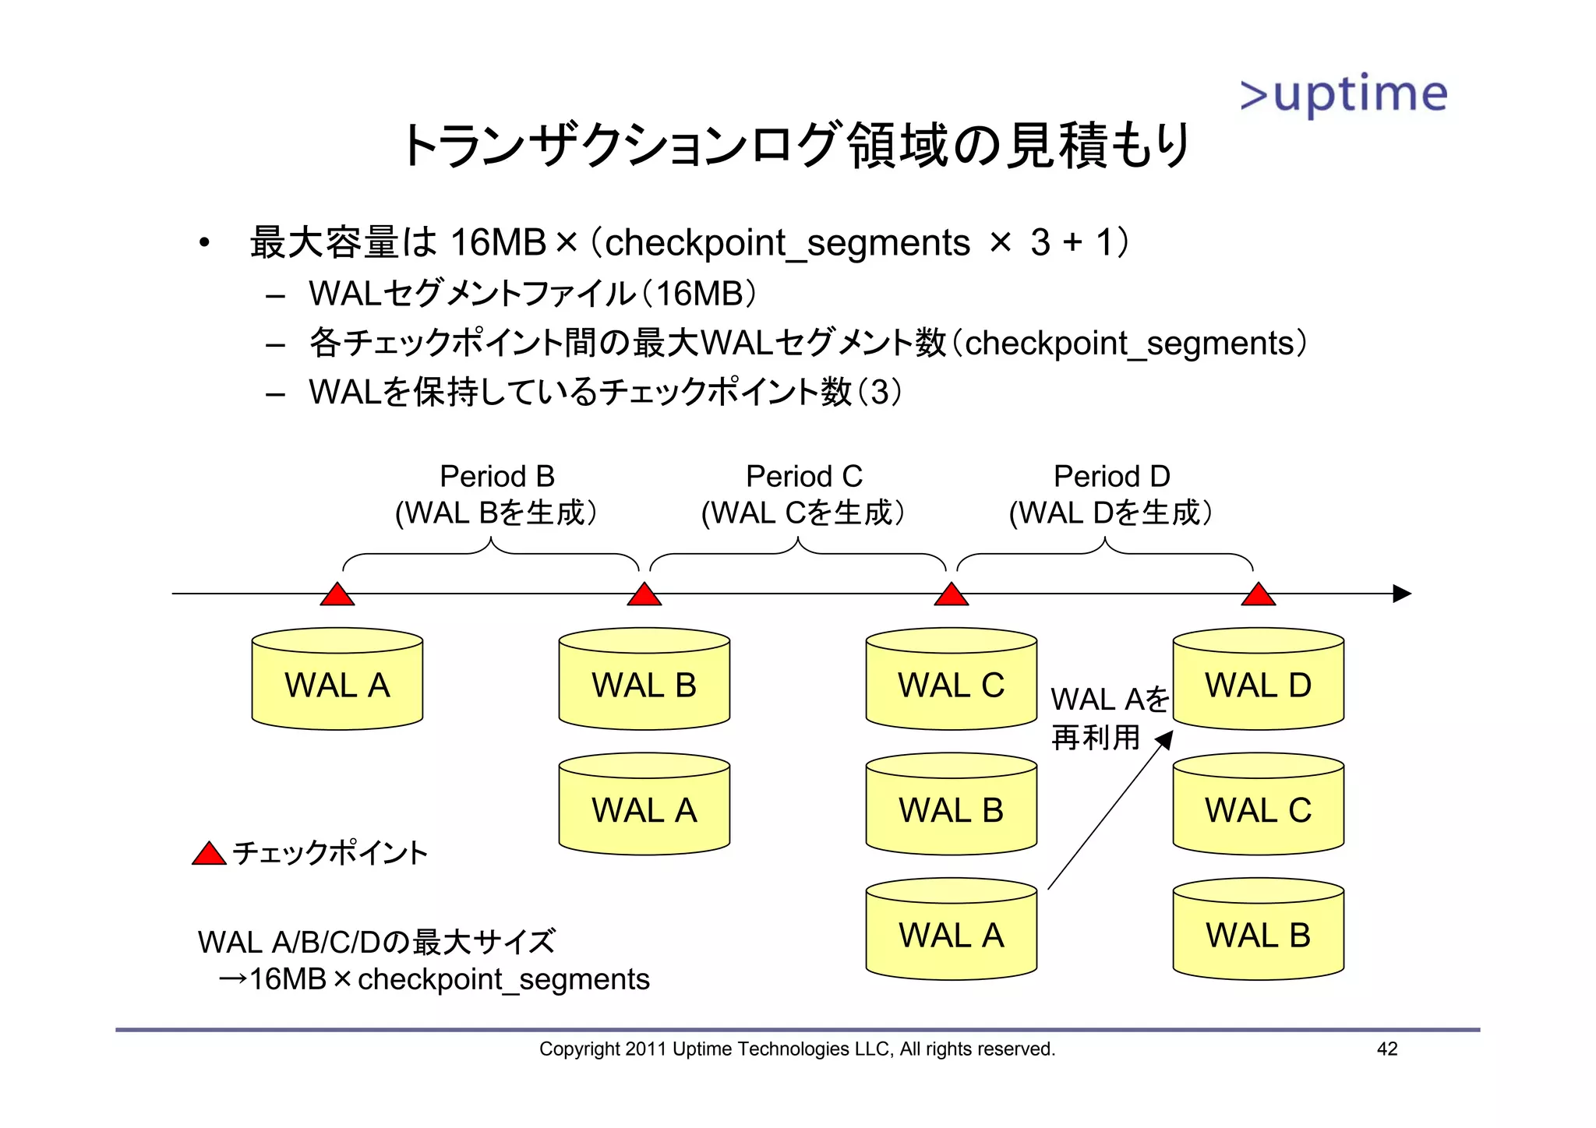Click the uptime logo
pos(1343,94)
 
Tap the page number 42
pos(1387,1049)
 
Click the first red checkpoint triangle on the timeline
pos(337,595)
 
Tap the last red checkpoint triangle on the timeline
pos(1258,595)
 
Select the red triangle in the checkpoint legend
pos(209,855)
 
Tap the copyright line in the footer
pos(796,1049)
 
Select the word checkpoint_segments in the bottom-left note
pos(503,979)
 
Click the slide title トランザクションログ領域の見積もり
pos(795,146)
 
